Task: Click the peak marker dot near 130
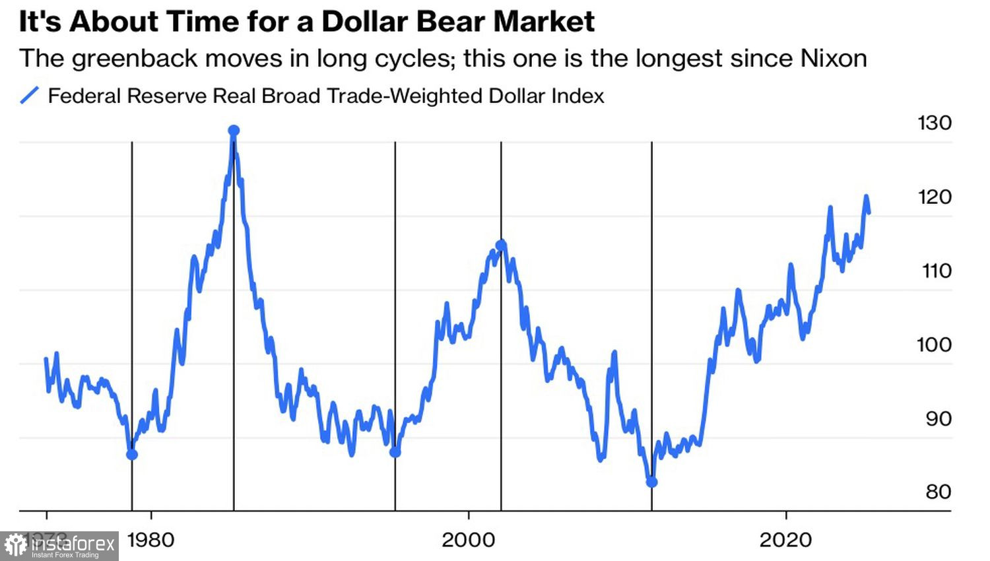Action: [234, 131]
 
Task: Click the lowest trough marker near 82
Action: [651, 482]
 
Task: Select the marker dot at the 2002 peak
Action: [501, 246]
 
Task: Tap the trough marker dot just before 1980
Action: [132, 454]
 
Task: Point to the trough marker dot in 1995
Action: [395, 452]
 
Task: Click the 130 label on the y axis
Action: [935, 123]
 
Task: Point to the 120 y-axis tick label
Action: [935, 197]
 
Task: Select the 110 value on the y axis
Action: [936, 271]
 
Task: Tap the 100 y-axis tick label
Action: [935, 345]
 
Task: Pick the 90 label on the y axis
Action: [938, 418]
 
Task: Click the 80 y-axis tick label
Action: [938, 492]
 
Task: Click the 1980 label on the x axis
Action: [150, 540]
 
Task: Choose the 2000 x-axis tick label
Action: [468, 540]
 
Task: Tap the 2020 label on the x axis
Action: [785, 540]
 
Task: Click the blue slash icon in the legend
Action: [30, 96]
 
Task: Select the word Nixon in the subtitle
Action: [834, 58]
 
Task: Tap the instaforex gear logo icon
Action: [16, 546]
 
